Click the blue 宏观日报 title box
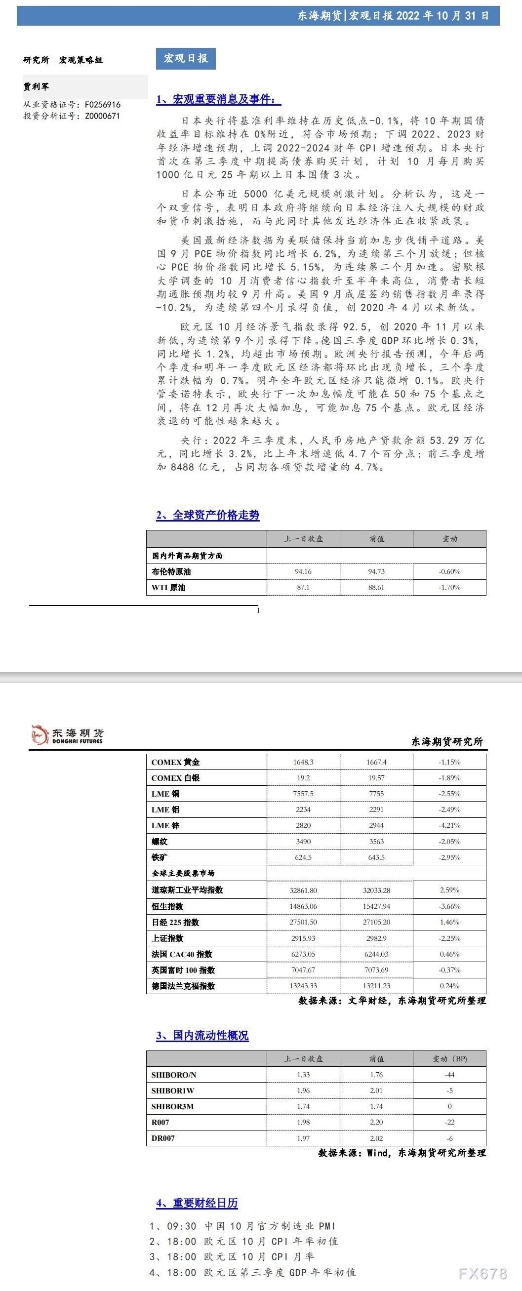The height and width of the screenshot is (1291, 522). coord(185,59)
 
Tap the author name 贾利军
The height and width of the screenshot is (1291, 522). coord(36,87)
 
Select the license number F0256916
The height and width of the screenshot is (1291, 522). coord(102,105)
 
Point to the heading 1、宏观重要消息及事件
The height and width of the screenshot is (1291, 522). coord(218,99)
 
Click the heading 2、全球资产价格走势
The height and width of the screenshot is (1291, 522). coord(208,515)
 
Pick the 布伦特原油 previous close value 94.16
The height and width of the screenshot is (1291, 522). coord(303,571)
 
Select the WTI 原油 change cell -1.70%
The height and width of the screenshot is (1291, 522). coord(449,587)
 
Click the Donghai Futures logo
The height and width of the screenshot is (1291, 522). coord(67,735)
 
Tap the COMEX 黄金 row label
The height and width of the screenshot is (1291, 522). coord(175,762)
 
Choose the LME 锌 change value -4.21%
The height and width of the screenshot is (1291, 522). coord(449,825)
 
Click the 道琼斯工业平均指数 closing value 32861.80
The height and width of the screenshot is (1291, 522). coord(303,890)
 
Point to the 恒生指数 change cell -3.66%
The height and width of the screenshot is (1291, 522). coord(449,906)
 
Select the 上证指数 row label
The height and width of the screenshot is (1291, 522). coord(167,938)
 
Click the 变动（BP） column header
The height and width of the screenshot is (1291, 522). coord(449,1059)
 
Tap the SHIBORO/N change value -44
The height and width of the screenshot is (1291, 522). coord(449,1075)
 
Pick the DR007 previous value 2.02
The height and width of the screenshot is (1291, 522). coord(376,1138)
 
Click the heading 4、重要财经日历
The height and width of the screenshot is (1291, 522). coord(197,1203)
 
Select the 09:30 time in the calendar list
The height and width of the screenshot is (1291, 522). coord(181,1226)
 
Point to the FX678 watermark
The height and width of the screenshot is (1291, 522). coord(482,1273)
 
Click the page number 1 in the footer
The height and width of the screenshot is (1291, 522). coord(258,610)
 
